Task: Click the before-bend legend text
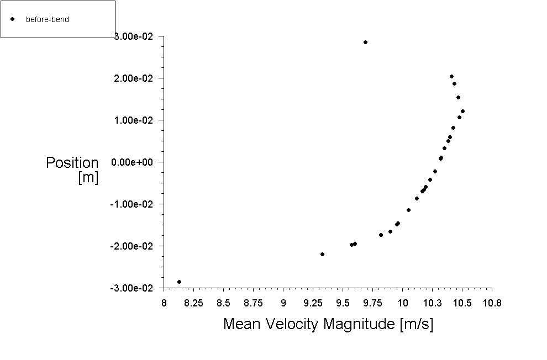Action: coord(47,19)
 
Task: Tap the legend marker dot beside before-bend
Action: coord(12,19)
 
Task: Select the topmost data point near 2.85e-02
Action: coord(365,42)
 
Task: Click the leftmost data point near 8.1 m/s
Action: coord(179,282)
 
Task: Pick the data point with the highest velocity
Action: coord(462,111)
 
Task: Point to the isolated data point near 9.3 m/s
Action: coord(322,254)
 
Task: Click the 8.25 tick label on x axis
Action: coord(193,303)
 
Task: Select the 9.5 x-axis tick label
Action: coord(343,303)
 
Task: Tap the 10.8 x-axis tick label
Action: coord(492,303)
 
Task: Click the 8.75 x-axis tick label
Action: coord(253,303)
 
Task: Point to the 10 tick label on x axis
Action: coord(403,303)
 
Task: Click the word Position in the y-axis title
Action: coord(72,163)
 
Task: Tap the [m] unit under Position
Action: coord(88,178)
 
